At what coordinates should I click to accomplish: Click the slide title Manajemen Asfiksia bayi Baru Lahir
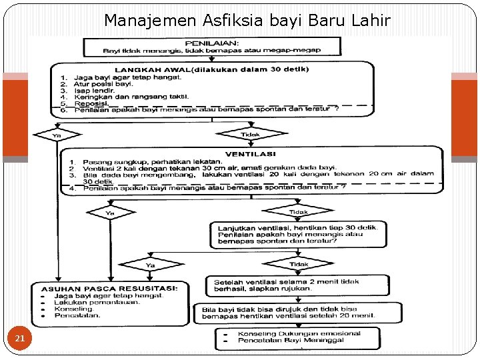click(x=247, y=21)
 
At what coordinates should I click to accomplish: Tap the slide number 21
click(x=20, y=339)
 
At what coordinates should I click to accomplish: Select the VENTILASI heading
click(x=250, y=153)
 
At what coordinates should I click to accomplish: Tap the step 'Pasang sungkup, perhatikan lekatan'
click(x=153, y=161)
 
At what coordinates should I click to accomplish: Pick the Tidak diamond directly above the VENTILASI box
click(x=250, y=135)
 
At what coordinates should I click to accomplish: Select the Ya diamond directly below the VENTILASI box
click(x=110, y=213)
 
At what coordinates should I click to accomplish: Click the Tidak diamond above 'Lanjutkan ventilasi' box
click(x=299, y=212)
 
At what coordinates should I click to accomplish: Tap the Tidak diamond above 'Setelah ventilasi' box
click(x=298, y=265)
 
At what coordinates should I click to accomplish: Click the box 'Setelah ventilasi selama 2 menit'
click(x=296, y=285)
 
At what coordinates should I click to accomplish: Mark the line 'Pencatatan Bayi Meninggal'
click(x=287, y=341)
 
